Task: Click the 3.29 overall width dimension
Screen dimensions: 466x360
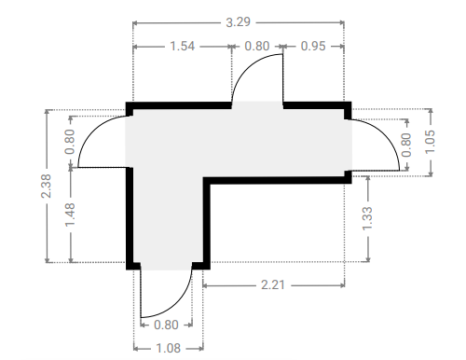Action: tap(238, 22)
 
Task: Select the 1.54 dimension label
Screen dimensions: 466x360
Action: tap(183, 47)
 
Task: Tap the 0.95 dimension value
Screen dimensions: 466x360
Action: tap(313, 47)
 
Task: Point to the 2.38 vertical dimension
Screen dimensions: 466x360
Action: tap(46, 186)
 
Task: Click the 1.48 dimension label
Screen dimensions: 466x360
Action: tap(70, 215)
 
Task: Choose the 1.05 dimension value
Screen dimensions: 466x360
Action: tap(430, 142)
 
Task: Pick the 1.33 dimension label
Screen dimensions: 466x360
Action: tap(367, 218)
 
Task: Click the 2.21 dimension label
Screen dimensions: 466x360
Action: tap(273, 284)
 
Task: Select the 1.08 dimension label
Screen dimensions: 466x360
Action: tap(168, 348)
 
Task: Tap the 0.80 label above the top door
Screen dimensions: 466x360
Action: tap(257, 47)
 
